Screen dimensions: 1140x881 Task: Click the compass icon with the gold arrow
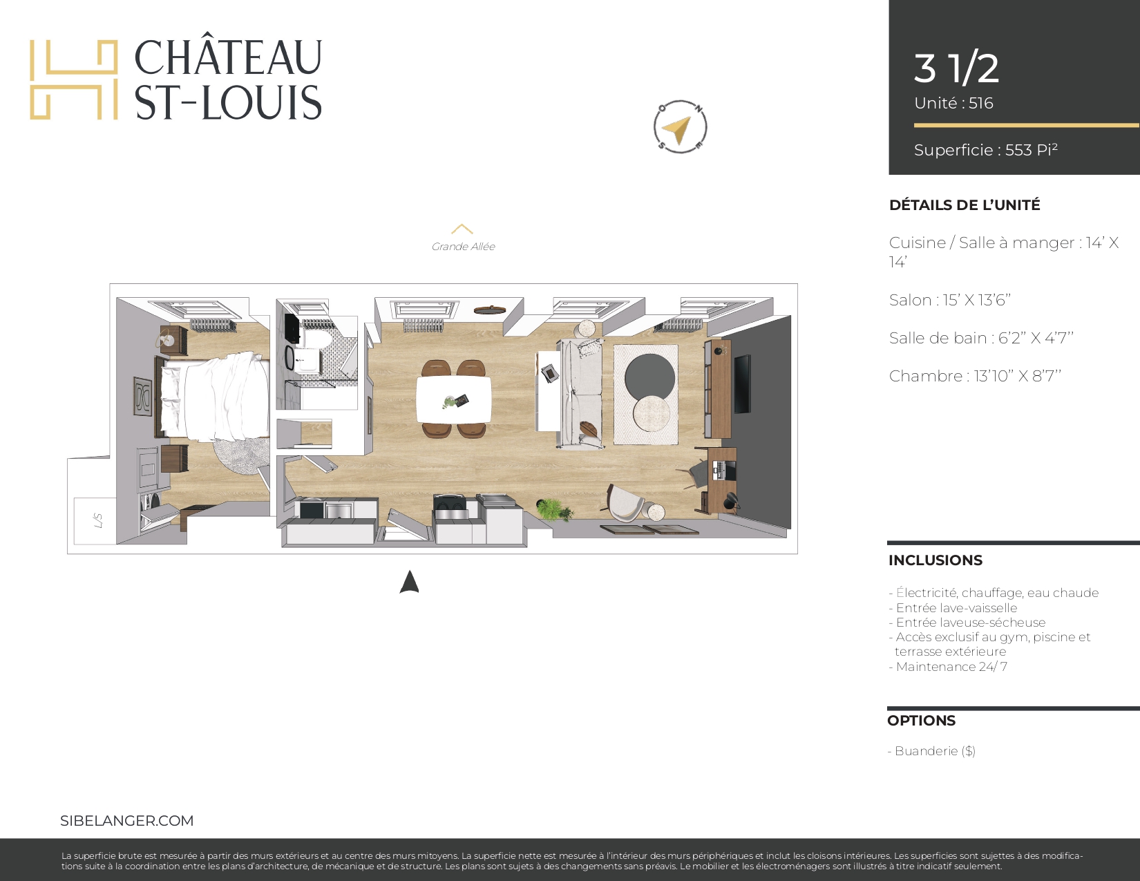680,126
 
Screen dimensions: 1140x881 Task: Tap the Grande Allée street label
463,247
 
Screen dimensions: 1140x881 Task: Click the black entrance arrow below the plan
409,582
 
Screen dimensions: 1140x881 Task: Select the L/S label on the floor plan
97,520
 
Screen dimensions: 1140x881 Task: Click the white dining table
454,399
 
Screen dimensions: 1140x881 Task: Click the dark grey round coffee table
649,377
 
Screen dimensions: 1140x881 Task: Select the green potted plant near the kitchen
554,509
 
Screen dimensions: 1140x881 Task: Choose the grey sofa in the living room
580,394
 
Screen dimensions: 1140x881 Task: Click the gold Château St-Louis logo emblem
73,79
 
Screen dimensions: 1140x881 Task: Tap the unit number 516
981,103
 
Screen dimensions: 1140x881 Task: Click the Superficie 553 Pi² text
986,150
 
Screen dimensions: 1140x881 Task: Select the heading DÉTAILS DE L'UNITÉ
965,205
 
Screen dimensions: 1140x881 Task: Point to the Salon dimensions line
949,300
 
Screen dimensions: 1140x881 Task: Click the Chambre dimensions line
975,376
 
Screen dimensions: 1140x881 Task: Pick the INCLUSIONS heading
935,560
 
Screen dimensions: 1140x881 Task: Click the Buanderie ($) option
932,751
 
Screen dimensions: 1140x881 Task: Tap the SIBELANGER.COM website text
127,821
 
